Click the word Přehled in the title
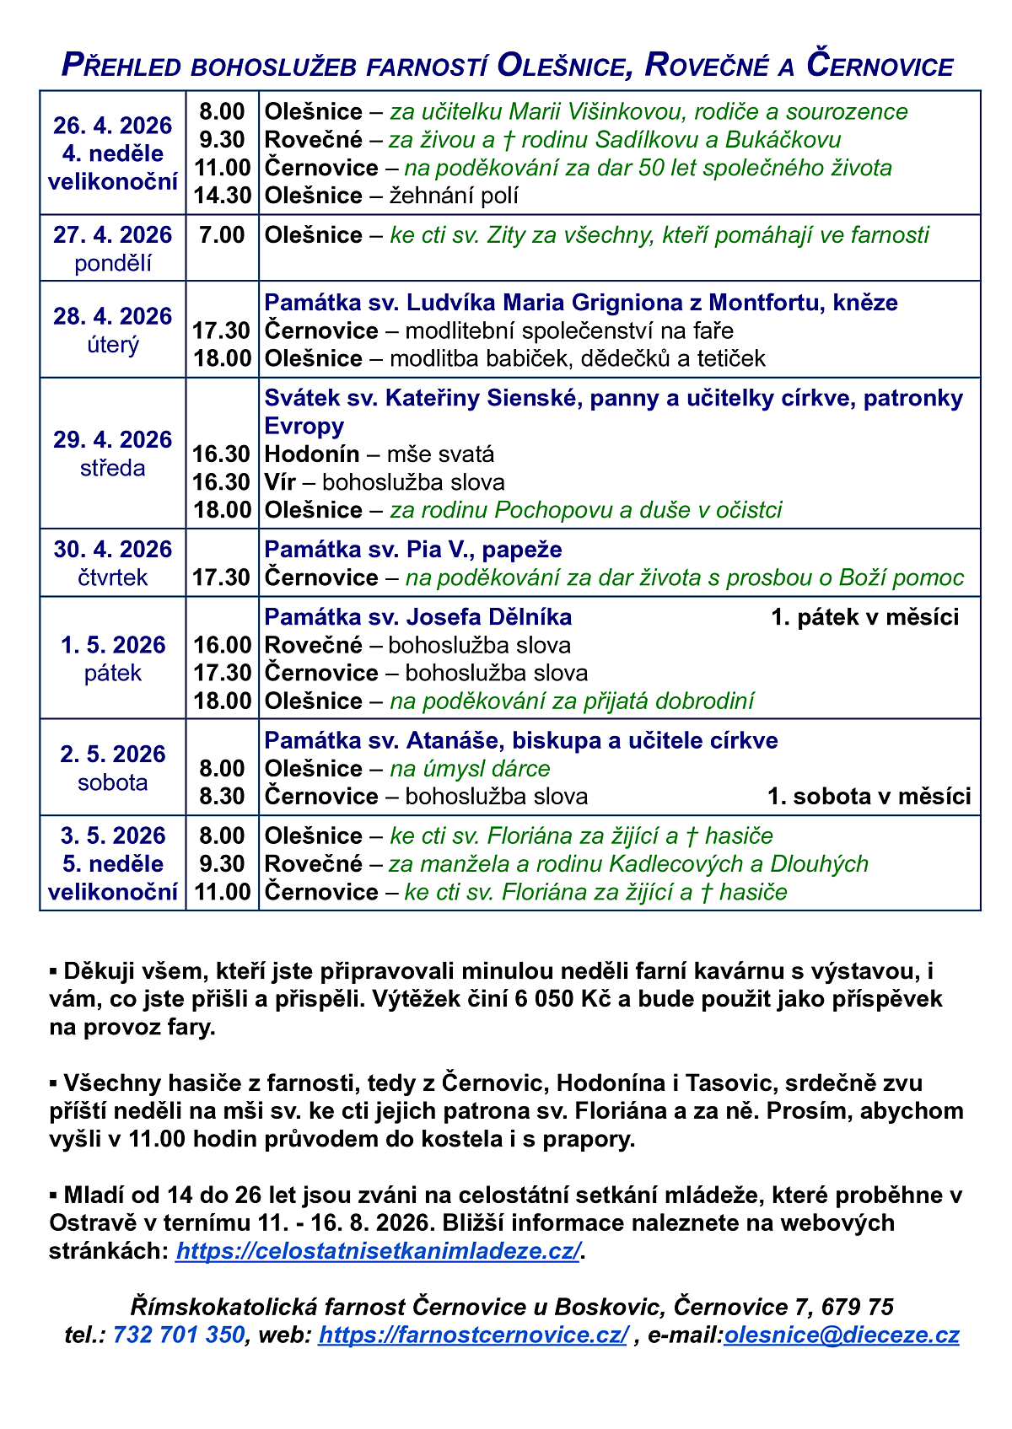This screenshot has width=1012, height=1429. (x=120, y=66)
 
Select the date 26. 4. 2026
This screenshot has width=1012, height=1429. (x=112, y=126)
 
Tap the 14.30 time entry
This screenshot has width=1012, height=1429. (x=223, y=196)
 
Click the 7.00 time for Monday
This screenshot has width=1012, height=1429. (x=223, y=234)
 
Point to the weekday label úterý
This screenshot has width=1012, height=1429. (x=112, y=345)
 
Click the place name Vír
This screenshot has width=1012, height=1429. (x=284, y=482)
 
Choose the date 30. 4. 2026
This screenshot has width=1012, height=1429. (x=112, y=550)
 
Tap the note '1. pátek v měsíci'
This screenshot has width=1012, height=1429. (x=864, y=617)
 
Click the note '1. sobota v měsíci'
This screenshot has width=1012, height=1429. (x=869, y=796)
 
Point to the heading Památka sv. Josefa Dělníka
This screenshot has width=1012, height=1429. (x=418, y=617)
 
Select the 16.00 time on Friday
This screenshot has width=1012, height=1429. (x=223, y=646)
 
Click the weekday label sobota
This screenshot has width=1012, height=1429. (x=112, y=782)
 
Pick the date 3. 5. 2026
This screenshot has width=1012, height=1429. (x=112, y=835)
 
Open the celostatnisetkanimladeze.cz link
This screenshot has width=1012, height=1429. (x=378, y=1250)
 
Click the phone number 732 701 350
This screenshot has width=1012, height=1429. (x=178, y=1335)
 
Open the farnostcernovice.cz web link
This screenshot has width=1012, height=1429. (x=472, y=1335)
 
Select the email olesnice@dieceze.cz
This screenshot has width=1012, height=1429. (x=841, y=1335)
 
